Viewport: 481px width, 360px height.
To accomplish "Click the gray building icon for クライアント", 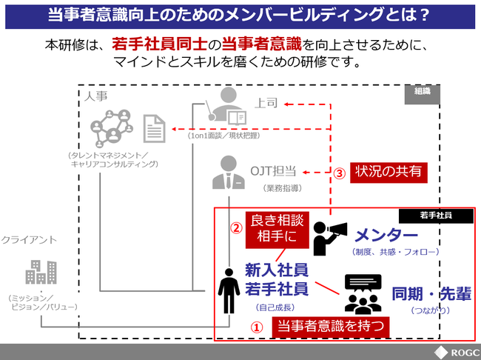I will click(x=41, y=273).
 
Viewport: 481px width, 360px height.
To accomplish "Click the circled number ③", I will click(x=339, y=173).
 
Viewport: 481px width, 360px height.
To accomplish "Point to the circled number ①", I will click(x=254, y=326).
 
